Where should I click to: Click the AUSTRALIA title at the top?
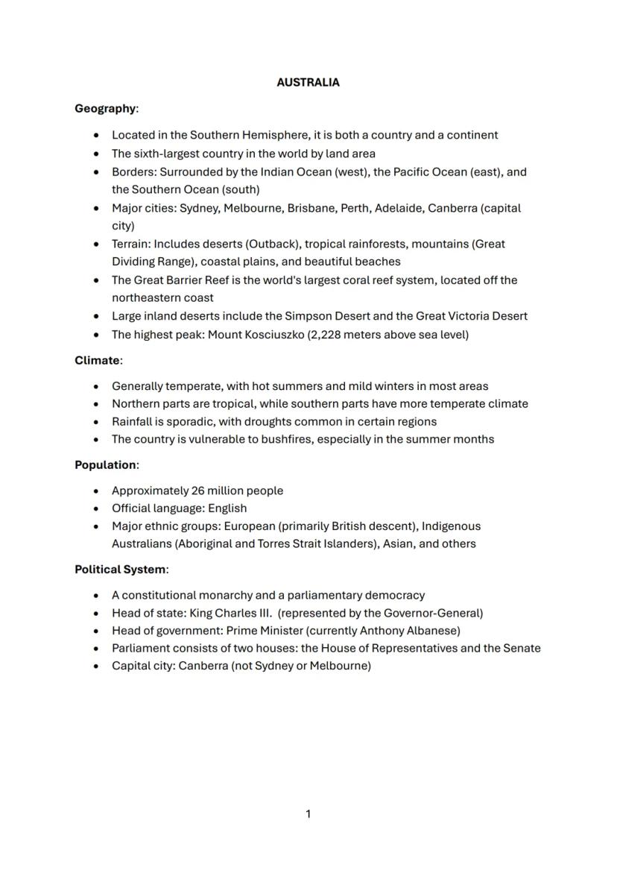308,83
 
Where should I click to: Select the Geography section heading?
105,109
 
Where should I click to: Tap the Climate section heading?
97,361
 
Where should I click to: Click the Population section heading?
105,465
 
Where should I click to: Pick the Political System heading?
120,570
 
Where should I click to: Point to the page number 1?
308,814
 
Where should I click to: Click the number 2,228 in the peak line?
326,335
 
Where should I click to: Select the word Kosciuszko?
272,335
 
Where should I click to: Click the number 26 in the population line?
197,491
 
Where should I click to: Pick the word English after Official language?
227,508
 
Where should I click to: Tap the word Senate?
522,648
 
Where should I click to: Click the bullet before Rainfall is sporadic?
96,422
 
